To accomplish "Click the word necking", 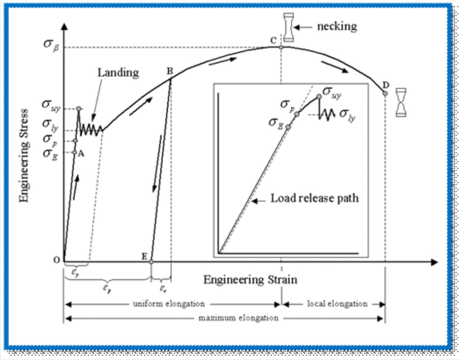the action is (337, 27).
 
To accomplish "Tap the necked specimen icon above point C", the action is (288, 27).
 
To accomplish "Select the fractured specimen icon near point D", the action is (401, 103).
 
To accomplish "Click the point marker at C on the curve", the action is (281, 47).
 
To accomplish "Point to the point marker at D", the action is (385, 93).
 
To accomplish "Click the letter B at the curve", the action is (170, 71).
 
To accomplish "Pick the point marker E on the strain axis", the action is (151, 262).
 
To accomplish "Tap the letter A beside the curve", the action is (81, 154).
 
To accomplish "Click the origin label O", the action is (57, 260).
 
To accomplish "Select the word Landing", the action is (118, 73).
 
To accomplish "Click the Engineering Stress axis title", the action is (24, 156).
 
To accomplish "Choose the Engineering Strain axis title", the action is (250, 280).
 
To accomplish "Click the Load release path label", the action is (314, 198).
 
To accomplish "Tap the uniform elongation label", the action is (169, 304).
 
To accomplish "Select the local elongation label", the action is (337, 304).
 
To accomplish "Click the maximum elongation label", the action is (239, 318).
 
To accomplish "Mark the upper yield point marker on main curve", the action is (79, 109).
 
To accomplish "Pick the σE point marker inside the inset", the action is (288, 127).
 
